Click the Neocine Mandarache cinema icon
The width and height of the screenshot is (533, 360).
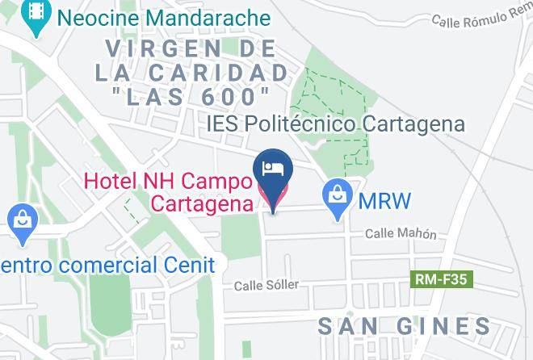(35, 17)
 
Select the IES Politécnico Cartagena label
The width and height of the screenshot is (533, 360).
(336, 124)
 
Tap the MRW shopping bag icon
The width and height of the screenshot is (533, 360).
(336, 197)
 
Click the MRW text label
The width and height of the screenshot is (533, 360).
(385, 200)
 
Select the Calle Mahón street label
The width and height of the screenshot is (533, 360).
(401, 234)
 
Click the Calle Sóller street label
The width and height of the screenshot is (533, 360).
(266, 285)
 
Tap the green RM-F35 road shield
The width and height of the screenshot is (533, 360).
(443, 280)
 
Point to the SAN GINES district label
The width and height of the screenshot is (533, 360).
(404, 326)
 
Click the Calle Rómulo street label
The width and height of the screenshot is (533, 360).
(481, 18)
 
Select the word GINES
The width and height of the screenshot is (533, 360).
(448, 326)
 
